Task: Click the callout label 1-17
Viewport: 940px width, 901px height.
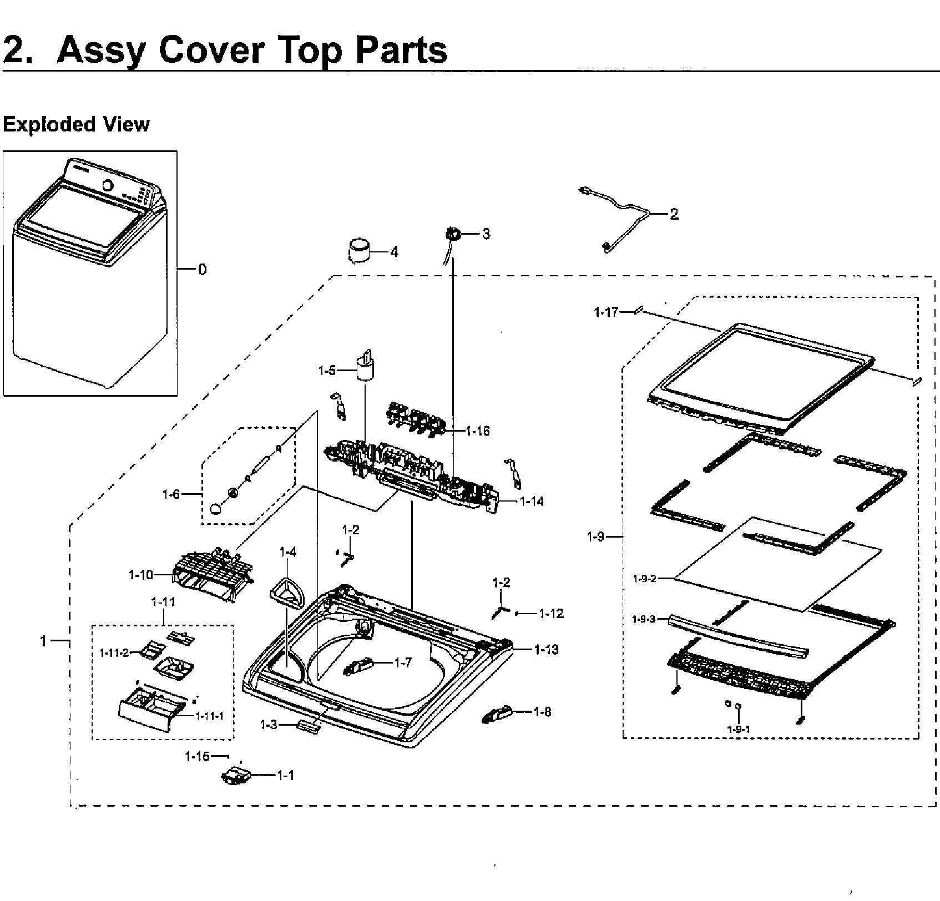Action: coord(606,312)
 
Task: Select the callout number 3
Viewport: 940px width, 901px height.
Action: coord(486,234)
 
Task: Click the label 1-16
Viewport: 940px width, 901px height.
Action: coord(477,431)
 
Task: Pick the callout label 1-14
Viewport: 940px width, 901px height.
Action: coord(532,502)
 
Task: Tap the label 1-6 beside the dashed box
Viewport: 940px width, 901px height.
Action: coord(171,494)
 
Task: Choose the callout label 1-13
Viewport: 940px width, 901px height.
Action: coord(546,649)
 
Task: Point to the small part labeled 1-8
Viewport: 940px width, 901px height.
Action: coord(498,715)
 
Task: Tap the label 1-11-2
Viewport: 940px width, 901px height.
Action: coord(114,653)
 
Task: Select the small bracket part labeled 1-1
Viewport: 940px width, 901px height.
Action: coord(236,776)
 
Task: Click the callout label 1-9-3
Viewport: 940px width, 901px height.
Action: coord(644,619)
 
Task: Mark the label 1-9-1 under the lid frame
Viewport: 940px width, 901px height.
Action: coord(739,729)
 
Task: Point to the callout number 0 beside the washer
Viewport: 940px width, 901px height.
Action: coord(203,270)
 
